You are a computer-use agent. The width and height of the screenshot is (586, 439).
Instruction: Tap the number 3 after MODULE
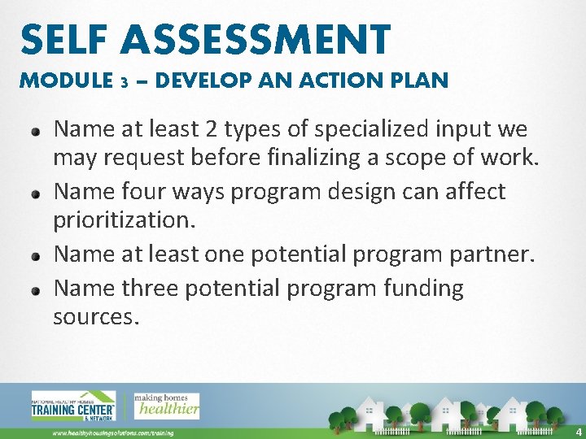coord(124,82)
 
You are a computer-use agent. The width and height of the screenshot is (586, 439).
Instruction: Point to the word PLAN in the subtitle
coord(419,80)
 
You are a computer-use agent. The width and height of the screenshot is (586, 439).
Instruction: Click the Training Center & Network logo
coord(73,405)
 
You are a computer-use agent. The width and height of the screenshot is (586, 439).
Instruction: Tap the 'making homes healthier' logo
coord(166,405)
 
